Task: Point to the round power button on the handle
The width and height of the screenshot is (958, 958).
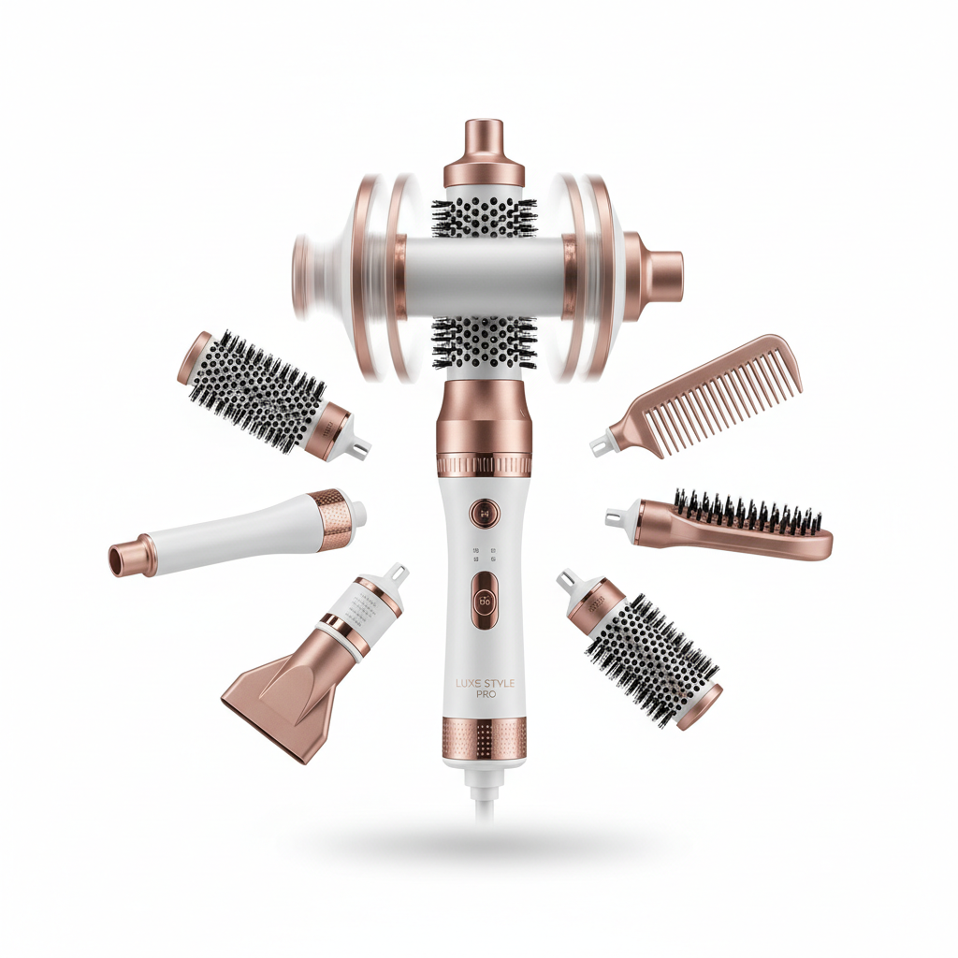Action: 485,512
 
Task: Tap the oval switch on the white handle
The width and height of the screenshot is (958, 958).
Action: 485,598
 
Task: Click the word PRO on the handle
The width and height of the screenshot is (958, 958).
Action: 484,696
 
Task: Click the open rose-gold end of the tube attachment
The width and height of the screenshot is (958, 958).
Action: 120,559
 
